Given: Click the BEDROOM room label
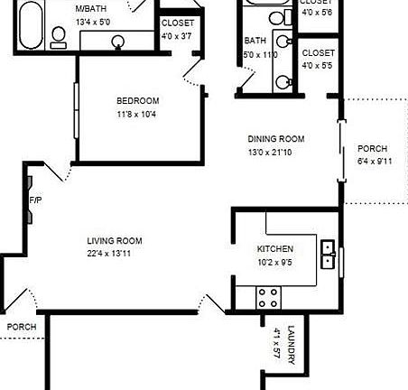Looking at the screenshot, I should (x=138, y=100).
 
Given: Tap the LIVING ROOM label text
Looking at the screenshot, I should (x=115, y=240).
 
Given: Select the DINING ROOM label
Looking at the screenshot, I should (x=276, y=139).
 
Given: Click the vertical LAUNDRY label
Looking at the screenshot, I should (x=291, y=344).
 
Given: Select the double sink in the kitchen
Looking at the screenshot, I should (x=329, y=249).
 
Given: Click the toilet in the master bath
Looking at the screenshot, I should (x=60, y=37).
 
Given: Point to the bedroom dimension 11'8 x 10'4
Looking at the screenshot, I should (x=138, y=115).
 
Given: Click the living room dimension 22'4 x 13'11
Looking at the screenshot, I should (x=115, y=255).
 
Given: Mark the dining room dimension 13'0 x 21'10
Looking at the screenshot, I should (x=276, y=153).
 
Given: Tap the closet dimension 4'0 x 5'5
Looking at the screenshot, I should (x=319, y=66).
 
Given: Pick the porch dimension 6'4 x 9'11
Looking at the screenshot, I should (x=373, y=162).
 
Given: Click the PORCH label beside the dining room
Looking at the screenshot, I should (x=373, y=148).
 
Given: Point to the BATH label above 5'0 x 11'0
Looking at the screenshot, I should (x=255, y=41).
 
